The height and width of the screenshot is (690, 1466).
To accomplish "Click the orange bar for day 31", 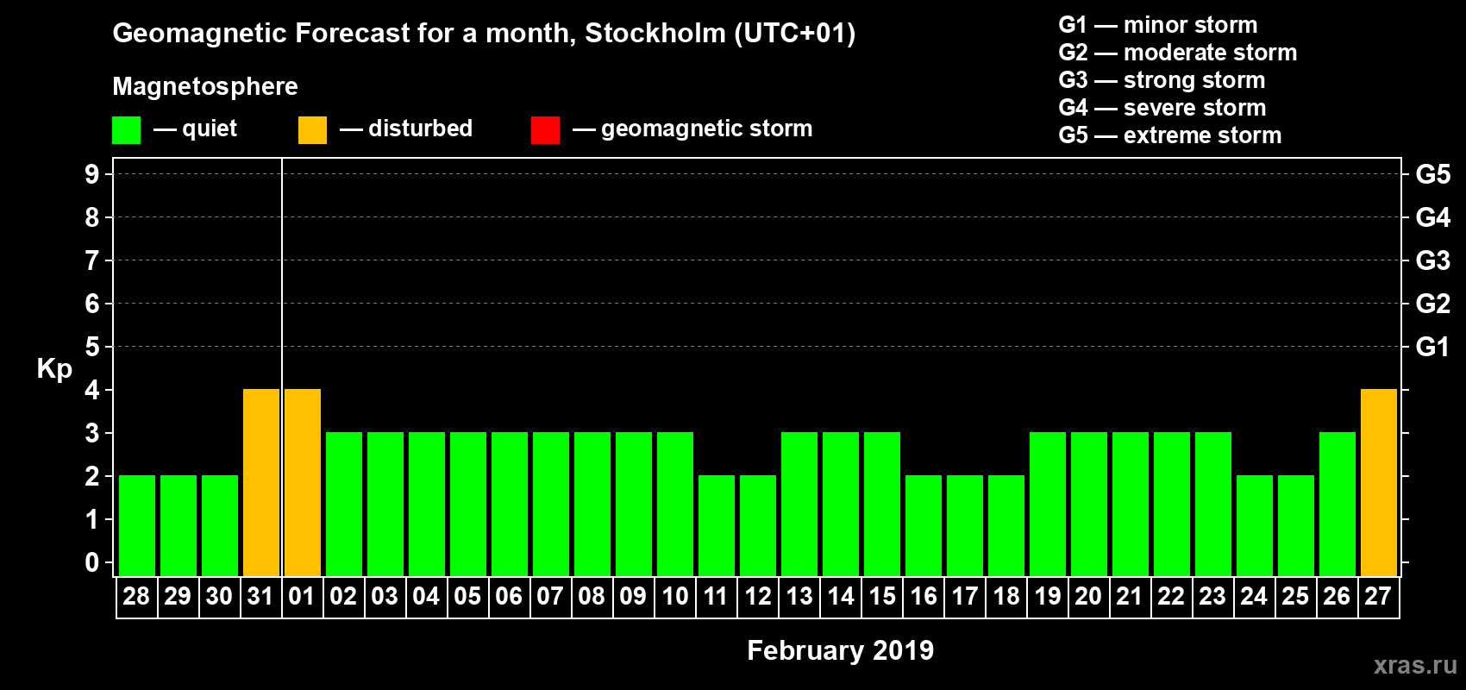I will (x=261, y=483).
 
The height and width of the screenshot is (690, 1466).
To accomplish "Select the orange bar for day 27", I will (x=1379, y=483).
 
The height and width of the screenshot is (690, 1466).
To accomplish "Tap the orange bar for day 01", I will (x=303, y=483).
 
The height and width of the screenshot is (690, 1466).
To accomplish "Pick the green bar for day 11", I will (x=717, y=526).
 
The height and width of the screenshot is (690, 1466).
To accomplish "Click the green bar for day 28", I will (x=137, y=526).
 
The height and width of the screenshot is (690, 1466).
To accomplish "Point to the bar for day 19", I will (x=1048, y=505).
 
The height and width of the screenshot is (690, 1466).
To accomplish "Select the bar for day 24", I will (x=1255, y=526).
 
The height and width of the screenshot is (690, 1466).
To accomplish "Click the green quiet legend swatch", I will (x=127, y=130).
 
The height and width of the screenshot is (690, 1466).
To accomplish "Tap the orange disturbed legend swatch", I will (x=312, y=130).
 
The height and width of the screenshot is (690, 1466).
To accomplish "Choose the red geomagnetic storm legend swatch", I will (x=545, y=130).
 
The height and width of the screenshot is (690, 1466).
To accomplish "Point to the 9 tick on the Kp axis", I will (x=92, y=174).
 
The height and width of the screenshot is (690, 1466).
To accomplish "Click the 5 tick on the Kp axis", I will (x=92, y=347).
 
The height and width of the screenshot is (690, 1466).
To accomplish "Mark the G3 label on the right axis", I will (x=1432, y=260).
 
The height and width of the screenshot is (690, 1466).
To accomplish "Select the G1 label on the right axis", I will (x=1432, y=347).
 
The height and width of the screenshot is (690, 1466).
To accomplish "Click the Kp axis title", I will (x=54, y=369).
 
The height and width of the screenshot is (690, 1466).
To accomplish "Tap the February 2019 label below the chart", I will (x=840, y=650).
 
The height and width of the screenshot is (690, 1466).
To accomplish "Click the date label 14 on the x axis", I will (x=841, y=597).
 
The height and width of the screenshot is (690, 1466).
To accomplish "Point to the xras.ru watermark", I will (x=1415, y=665).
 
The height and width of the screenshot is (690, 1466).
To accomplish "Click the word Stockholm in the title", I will (x=655, y=34).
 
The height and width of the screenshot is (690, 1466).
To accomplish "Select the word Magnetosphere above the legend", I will (x=205, y=86).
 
